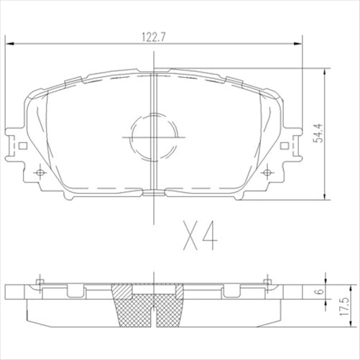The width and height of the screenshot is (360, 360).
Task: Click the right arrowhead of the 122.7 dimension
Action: (x=297, y=45)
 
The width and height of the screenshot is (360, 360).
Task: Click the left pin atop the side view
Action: (x=40, y=280)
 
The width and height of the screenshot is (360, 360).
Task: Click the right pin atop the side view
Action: (x=268, y=280)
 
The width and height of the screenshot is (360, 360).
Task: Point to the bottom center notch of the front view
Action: (x=154, y=193)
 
